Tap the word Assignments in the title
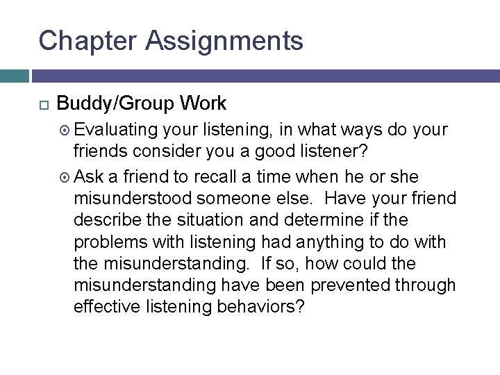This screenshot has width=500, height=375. pyautogui.click(x=224, y=42)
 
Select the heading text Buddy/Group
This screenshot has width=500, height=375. pyautogui.click(x=115, y=104)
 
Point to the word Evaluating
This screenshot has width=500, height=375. pyautogui.click(x=117, y=131)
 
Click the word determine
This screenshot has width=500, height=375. pyautogui.click(x=326, y=219)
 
